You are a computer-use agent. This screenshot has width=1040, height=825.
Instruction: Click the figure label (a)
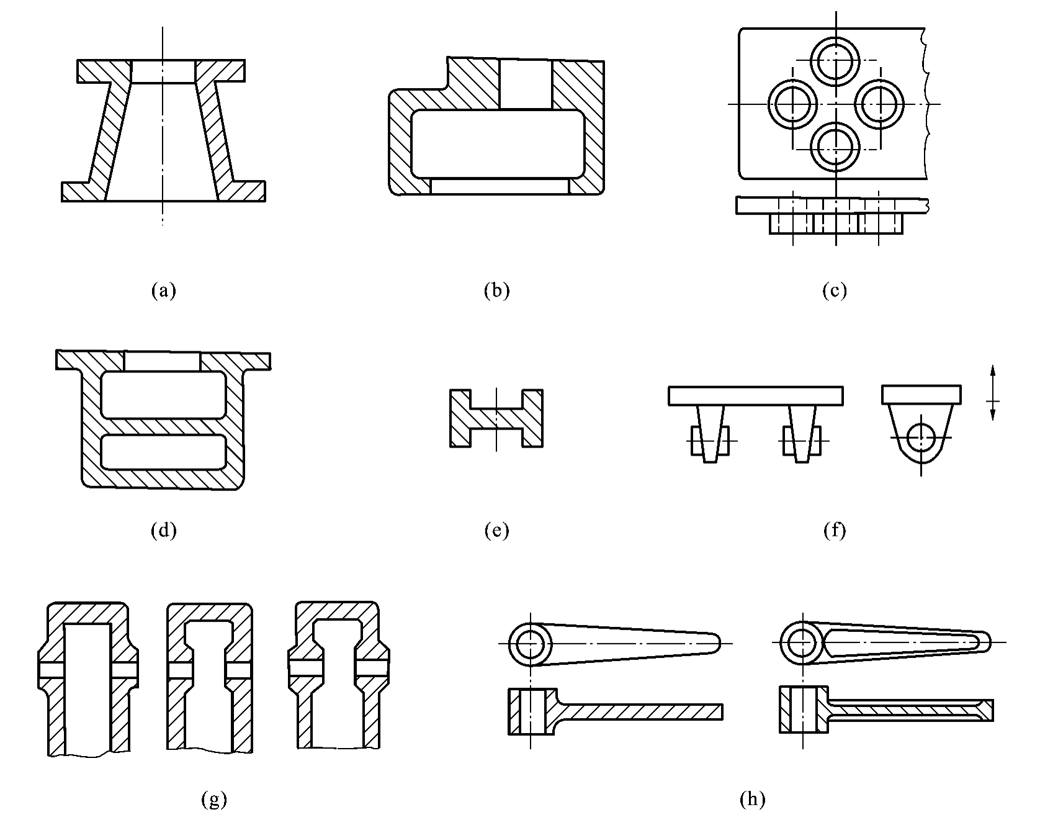coord(164,290)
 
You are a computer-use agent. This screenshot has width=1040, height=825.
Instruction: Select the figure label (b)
coord(496,290)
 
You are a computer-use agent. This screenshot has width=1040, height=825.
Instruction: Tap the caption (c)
coord(835,290)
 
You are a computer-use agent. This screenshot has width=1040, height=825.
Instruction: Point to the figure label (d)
coord(164,530)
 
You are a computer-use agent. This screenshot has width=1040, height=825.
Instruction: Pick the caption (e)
coord(496,530)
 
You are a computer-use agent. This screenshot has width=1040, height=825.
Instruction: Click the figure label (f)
coord(835,530)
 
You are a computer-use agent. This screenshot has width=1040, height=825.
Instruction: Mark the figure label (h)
coord(752,800)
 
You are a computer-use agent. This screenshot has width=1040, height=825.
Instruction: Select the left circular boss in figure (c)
coord(792,104)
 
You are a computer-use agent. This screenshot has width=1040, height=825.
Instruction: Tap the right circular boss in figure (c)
coord(879,104)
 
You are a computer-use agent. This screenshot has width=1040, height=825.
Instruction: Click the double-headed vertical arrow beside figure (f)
coord(993,393)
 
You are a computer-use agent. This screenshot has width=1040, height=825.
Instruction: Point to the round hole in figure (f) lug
coord(921,438)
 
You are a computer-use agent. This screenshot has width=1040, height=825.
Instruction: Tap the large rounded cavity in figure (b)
coord(498,143)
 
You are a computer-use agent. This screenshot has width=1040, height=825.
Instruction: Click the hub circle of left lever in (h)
coord(531,644)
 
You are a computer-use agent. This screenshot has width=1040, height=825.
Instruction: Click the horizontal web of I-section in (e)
coord(496,418)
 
